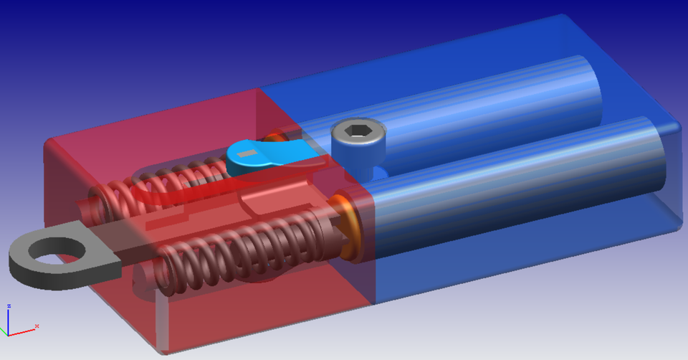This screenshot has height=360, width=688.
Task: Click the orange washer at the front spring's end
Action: tap(349, 225)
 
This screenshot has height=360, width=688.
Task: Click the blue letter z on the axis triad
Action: tap(9, 306)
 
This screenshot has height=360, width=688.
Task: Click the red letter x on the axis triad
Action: tap(36, 326)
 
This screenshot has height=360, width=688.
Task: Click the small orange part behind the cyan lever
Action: tap(274, 136)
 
